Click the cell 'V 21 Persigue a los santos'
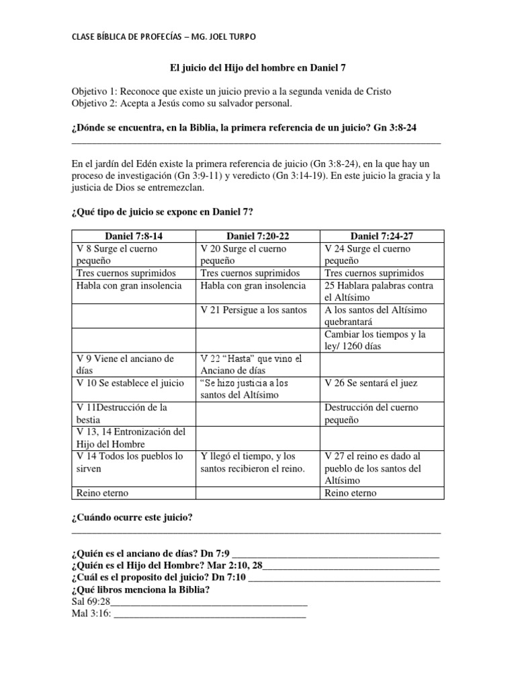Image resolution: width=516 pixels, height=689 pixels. (x=254, y=310)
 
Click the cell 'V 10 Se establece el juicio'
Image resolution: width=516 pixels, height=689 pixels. (x=127, y=383)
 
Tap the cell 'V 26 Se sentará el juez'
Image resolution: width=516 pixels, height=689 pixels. (x=371, y=383)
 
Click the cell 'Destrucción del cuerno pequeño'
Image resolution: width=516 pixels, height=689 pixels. (x=372, y=414)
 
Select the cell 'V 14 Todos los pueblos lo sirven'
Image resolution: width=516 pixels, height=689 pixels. (x=127, y=462)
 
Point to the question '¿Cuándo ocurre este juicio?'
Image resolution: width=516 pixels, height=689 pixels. (x=132, y=517)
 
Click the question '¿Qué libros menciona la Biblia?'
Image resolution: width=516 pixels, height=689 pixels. (x=140, y=589)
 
